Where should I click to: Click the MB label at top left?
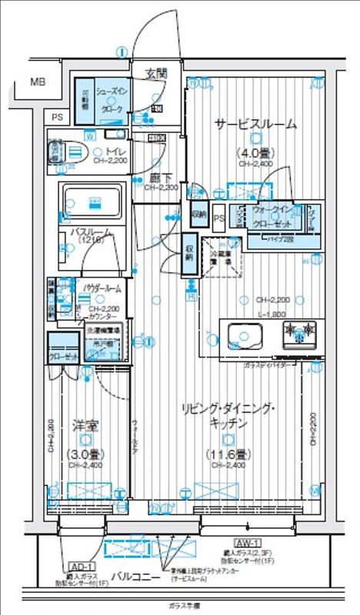[37, 81]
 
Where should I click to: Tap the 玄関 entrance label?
[158, 75]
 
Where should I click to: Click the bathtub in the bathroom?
[92, 203]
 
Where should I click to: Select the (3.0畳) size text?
[85, 454]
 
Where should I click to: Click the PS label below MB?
[57, 117]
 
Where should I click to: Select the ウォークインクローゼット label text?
[275, 215]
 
